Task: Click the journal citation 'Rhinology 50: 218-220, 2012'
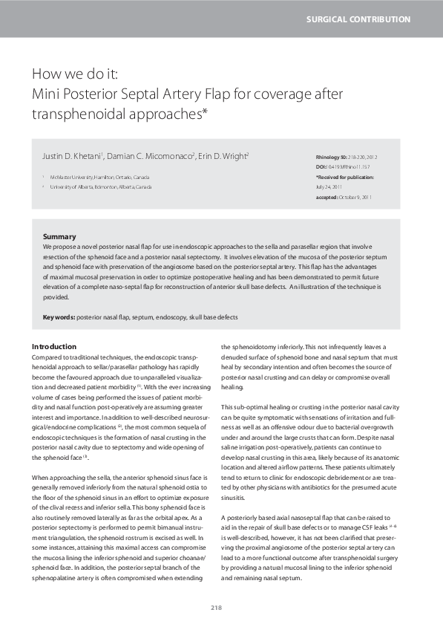346,159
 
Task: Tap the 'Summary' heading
59,236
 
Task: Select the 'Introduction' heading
54,347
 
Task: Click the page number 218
217,608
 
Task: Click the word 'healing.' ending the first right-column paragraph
232,387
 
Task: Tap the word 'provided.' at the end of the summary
56,297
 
